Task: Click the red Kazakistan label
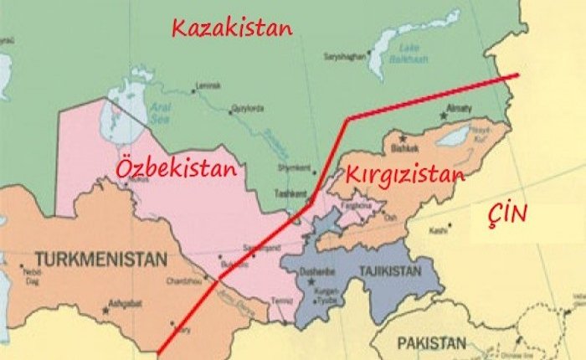[232, 28]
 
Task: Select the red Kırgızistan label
[404, 176]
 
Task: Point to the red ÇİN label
[507, 215]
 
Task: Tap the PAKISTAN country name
[430, 343]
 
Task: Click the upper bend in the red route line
[347, 120]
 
